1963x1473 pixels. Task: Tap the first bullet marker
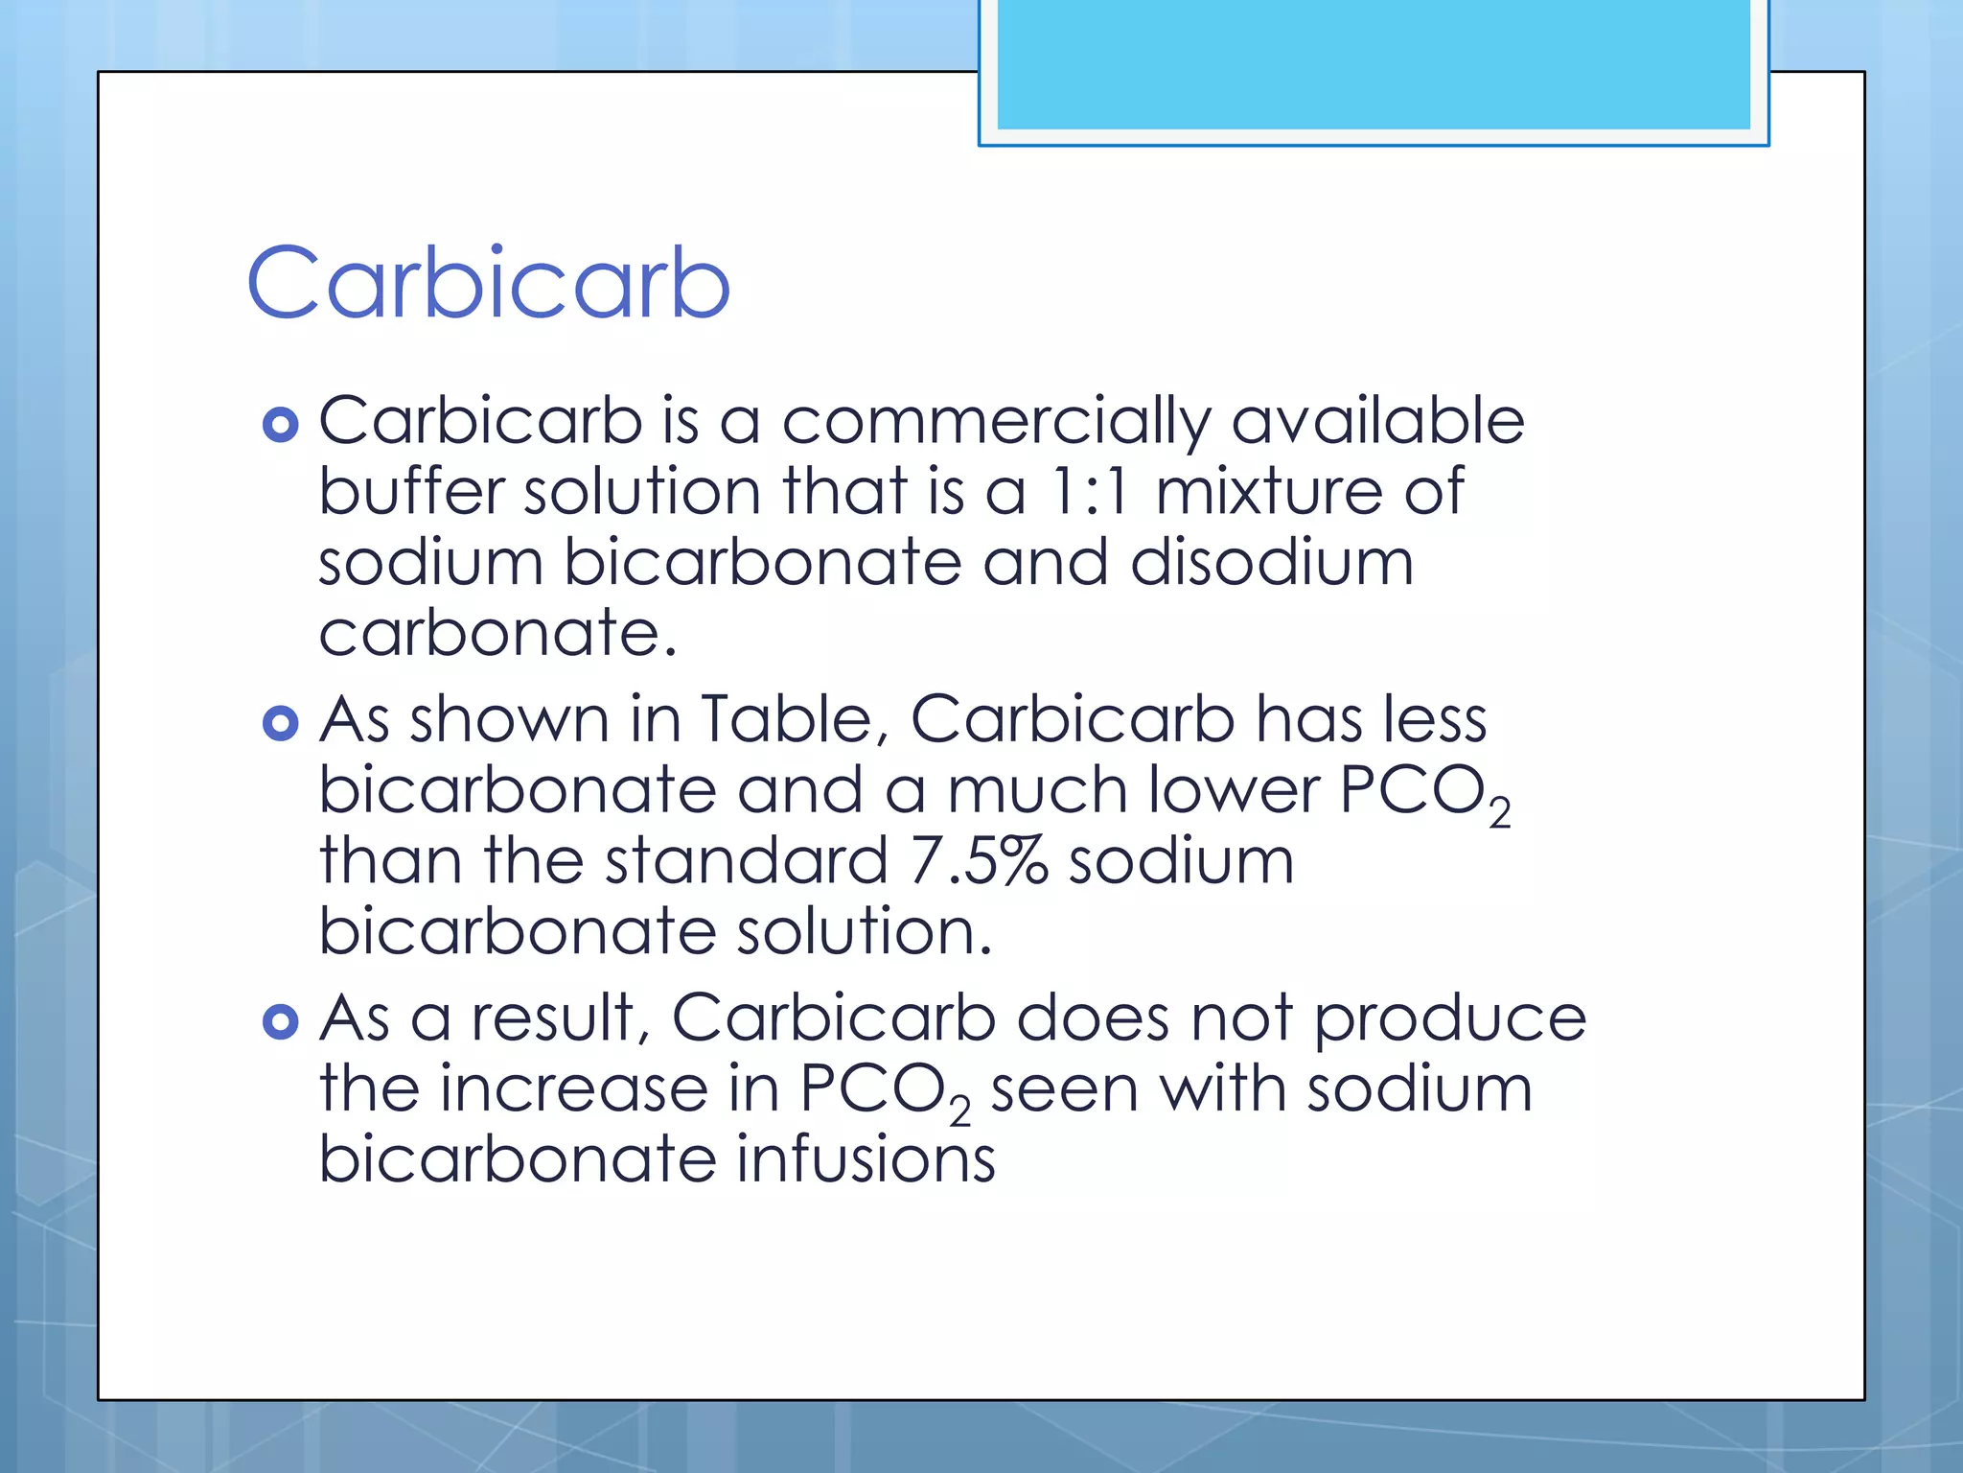click(280, 424)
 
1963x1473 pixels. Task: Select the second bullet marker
click(280, 723)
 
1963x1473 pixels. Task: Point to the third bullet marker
click(280, 1022)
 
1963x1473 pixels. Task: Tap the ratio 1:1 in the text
click(1090, 492)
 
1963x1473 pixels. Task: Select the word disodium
click(1271, 562)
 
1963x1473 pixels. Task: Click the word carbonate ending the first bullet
click(497, 633)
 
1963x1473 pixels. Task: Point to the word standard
click(746, 860)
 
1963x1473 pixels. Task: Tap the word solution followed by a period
click(863, 931)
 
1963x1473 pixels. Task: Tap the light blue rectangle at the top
click(1373, 64)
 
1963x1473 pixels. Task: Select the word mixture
click(1268, 492)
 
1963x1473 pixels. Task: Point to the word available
click(1376, 422)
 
